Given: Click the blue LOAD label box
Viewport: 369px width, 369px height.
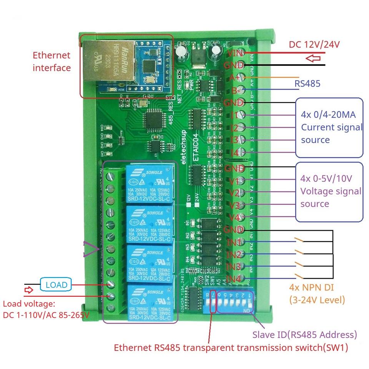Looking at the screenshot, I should coord(56,285).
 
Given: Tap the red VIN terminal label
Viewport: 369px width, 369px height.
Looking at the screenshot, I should coord(234,53).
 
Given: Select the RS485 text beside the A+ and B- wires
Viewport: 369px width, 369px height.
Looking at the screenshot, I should coord(307,83).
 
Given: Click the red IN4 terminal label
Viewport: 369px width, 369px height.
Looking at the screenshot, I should coord(234,278).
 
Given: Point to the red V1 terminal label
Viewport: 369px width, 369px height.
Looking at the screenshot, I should coord(234,181).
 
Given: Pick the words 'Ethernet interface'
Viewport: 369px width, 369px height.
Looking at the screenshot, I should coord(52,61).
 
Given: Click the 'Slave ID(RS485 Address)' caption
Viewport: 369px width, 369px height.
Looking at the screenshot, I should coord(304,334).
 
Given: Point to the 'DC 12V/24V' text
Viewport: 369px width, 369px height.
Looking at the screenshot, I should coord(314,45).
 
